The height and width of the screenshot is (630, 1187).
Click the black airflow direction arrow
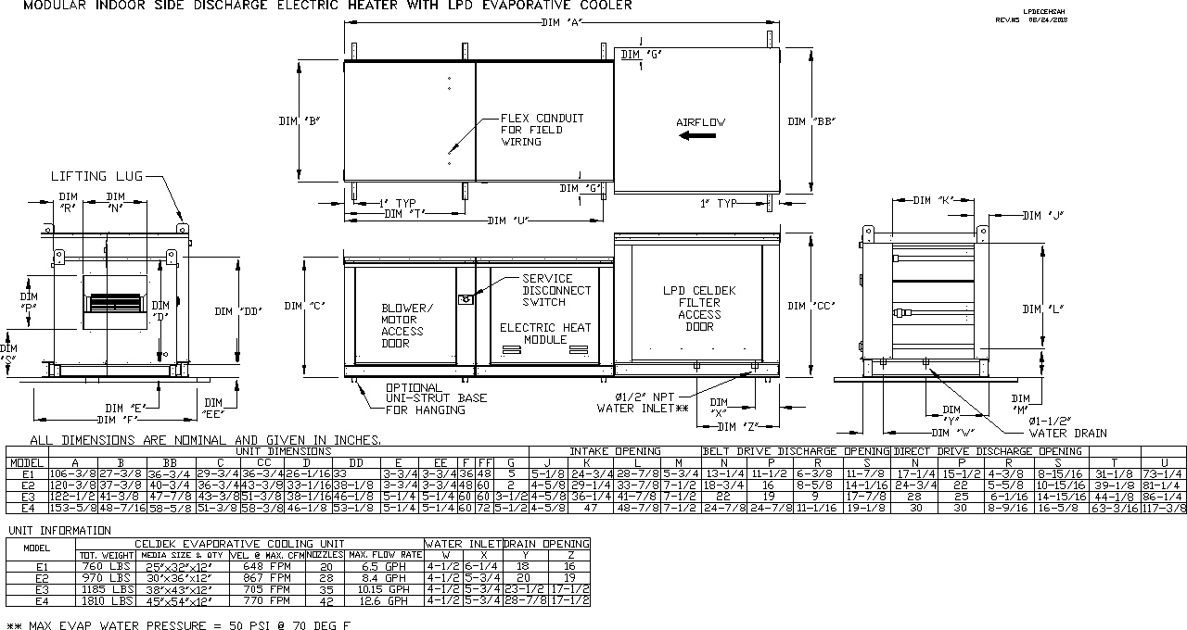click(x=696, y=136)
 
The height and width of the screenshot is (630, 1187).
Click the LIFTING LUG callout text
click(x=97, y=175)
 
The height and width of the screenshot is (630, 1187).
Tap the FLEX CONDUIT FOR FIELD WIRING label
click(x=542, y=130)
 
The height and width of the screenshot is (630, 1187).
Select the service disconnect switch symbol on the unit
click(x=466, y=298)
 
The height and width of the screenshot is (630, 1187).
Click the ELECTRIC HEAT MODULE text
click(x=545, y=334)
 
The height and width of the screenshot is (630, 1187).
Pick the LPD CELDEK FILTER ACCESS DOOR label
click(x=699, y=309)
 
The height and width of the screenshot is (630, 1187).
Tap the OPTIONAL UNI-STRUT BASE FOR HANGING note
click(x=436, y=398)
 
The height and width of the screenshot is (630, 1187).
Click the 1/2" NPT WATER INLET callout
click(x=643, y=402)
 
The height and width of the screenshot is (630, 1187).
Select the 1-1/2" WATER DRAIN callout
click(x=1067, y=427)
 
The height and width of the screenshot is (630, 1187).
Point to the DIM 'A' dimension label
click(x=560, y=22)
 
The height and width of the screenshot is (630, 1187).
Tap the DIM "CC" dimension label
click(x=811, y=307)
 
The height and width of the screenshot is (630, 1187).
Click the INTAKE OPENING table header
click(x=615, y=451)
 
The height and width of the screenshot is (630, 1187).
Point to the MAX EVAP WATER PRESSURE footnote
click(x=178, y=625)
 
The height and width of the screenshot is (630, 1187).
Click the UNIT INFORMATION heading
click(x=59, y=531)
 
